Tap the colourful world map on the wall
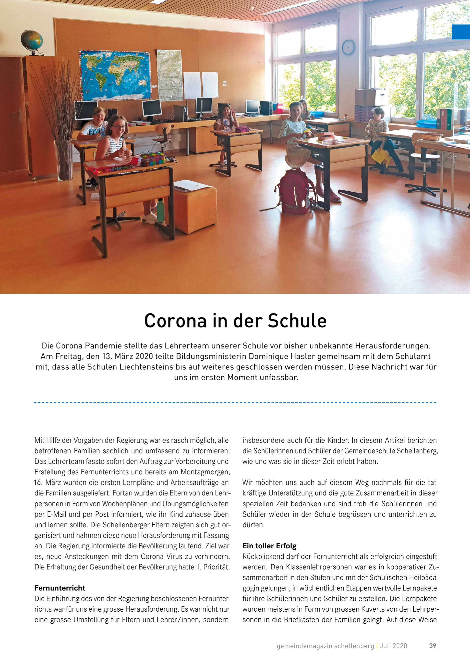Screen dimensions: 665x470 click(x=115, y=75)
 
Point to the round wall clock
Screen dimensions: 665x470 click(x=348, y=47)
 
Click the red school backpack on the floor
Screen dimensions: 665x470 click(x=296, y=191)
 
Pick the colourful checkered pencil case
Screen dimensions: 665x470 click(x=153, y=159)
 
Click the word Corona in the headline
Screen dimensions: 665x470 click(x=175, y=321)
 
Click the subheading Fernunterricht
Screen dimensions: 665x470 click(x=60, y=588)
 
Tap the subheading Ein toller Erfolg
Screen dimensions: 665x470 click(x=269, y=546)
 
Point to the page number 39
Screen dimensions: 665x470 click(x=432, y=646)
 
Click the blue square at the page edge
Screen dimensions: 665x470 click(x=461, y=32)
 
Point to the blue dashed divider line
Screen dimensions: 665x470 click(x=235, y=403)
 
